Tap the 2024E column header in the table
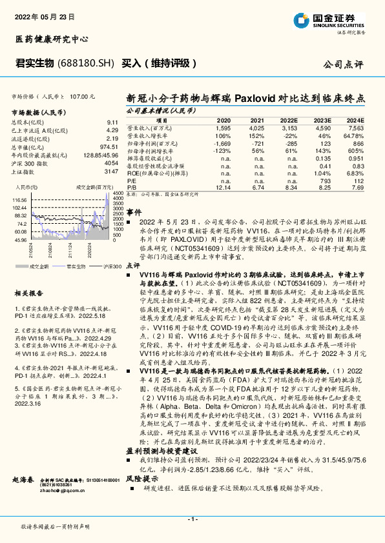(x=355, y=121)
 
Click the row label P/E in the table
(x=130, y=180)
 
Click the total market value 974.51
(x=109, y=146)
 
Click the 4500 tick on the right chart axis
(x=118, y=193)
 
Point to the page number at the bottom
(x=192, y=519)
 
